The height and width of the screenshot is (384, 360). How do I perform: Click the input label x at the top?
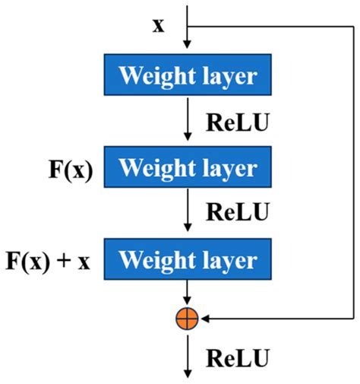(158, 26)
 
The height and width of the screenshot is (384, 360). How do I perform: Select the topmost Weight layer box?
(186, 76)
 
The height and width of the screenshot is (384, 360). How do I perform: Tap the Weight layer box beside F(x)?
(186, 167)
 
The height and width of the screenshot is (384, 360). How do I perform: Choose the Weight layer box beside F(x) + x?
(186, 260)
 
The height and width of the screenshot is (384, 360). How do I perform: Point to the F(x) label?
(69, 168)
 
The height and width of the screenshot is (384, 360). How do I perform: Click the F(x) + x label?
(49, 261)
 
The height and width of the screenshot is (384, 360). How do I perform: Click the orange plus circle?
(186, 319)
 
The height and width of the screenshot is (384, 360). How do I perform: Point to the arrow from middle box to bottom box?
(186, 213)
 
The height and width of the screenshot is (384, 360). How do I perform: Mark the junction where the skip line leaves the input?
(186, 24)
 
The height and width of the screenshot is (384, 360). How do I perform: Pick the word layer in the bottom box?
(226, 261)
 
